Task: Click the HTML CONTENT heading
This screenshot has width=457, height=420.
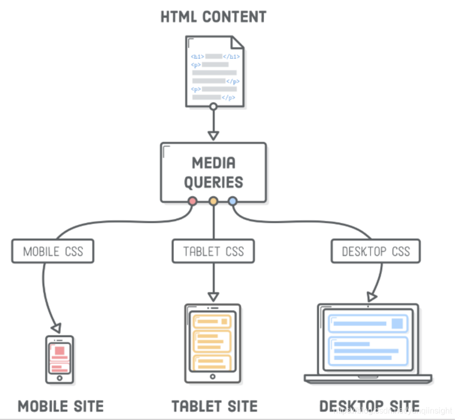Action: coord(213,16)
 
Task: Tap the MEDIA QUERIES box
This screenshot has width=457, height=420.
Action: coord(214,172)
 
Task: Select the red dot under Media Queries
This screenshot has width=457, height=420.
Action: coord(193,201)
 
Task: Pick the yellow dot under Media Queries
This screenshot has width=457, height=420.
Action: coord(214,201)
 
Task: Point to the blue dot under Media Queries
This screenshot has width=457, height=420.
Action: coord(233,201)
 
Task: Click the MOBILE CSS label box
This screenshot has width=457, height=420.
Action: coord(53,251)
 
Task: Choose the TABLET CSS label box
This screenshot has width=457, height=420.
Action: coord(214,251)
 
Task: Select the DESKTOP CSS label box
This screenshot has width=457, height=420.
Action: coord(376,251)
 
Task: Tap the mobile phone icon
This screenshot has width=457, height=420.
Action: coord(59,359)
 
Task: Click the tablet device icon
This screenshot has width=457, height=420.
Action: coord(213,343)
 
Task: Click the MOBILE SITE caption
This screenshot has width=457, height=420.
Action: coord(60,406)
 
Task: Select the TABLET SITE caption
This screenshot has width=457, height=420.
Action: coord(214,406)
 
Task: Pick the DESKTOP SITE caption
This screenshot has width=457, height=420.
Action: coord(369,406)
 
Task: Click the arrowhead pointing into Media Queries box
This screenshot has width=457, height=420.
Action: coord(214,136)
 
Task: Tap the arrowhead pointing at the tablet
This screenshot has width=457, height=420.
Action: coord(214,296)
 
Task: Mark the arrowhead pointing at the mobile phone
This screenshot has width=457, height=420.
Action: coord(57,327)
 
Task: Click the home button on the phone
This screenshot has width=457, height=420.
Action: coord(59,379)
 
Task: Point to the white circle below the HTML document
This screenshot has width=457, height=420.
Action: coord(214,106)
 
